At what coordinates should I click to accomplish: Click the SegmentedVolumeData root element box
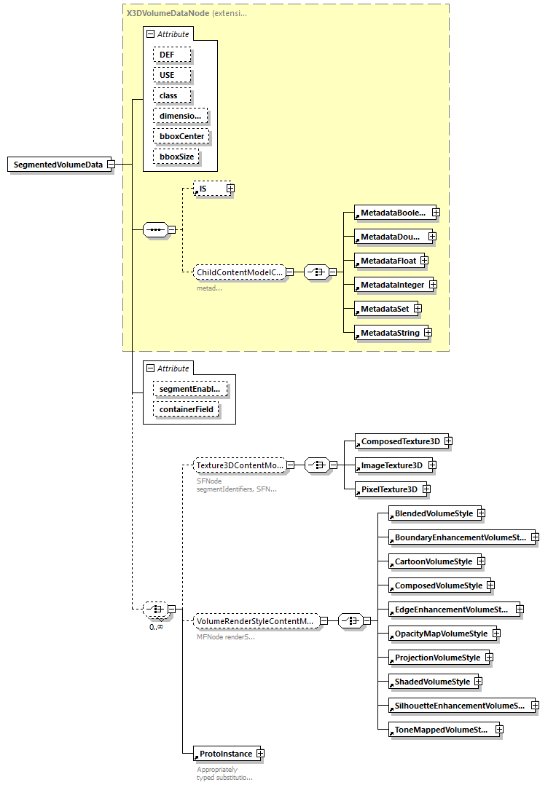[58, 165]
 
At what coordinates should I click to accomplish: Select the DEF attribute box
[172, 55]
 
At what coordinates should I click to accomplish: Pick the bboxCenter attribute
[181, 136]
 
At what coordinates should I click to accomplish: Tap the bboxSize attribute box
[177, 157]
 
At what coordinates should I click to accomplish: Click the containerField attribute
[186, 410]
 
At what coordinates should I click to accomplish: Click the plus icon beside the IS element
[230, 189]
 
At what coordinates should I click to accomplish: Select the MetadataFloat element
[386, 261]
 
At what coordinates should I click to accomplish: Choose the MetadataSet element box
[383, 309]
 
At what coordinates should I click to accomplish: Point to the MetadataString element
[389, 333]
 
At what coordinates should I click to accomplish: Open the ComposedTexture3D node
[400, 441]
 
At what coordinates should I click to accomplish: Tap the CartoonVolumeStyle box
[433, 561]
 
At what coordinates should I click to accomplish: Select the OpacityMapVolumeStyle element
[440, 634]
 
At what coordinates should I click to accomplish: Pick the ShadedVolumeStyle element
[432, 682]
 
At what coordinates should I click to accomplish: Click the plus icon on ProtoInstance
[259, 754]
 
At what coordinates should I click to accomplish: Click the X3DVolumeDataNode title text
[168, 13]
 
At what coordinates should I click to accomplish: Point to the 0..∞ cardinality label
[156, 626]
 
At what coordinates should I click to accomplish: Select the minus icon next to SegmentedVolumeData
[111, 165]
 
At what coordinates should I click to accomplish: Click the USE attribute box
[172, 75]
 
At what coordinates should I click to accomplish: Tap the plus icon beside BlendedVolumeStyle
[482, 513]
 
